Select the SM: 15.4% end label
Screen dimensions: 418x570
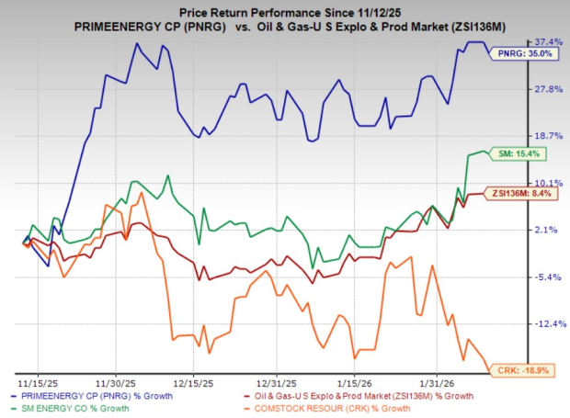[527, 153]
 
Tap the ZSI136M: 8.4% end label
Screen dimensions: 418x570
[523, 194]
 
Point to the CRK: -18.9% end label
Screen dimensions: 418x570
[527, 368]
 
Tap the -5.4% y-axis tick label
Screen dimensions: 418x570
[547, 277]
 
